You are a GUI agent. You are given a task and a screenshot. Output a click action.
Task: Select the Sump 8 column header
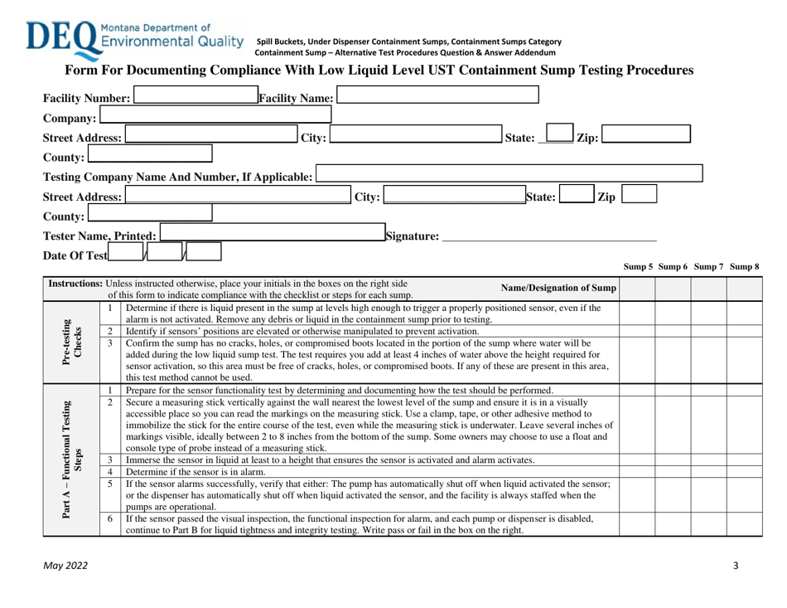[x=742, y=266]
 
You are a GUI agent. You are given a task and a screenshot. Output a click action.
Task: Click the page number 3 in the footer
[x=736, y=565]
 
